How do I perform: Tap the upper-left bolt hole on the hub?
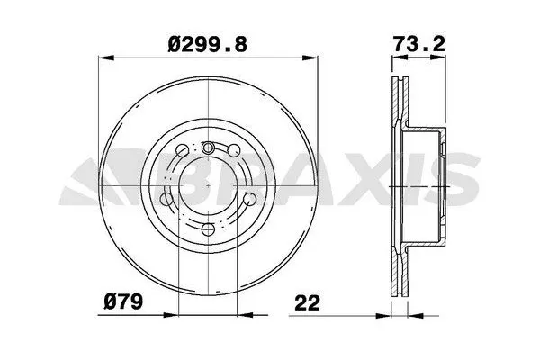(183, 150)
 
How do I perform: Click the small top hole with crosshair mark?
(208, 149)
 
